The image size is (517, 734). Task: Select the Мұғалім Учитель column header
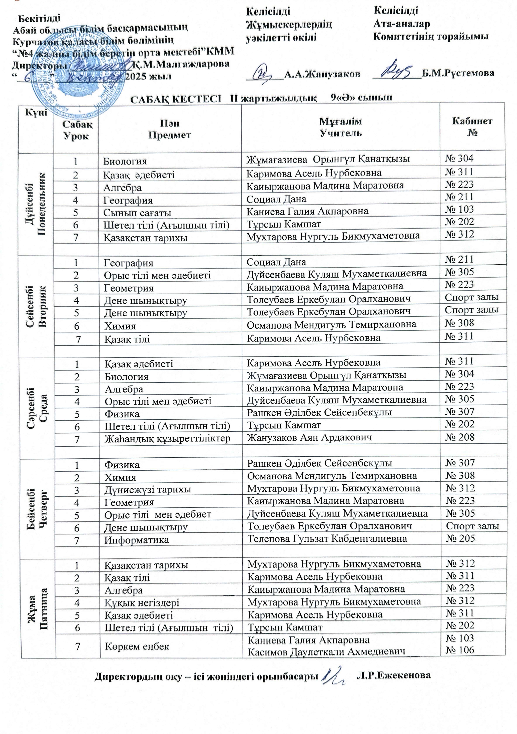(x=341, y=127)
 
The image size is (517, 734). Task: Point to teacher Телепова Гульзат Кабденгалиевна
(x=327, y=539)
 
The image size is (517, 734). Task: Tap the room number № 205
(x=460, y=538)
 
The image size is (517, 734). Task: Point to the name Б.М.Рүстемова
(x=458, y=73)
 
